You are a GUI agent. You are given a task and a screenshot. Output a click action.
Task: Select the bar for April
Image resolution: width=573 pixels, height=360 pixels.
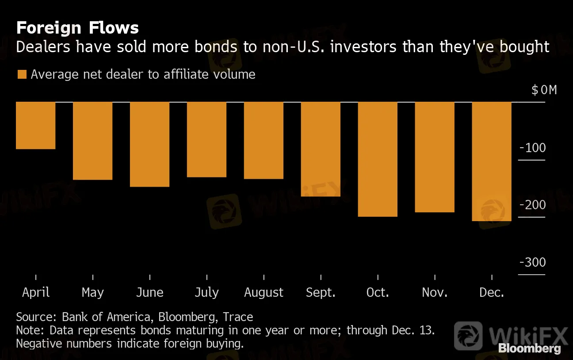(x=35, y=126)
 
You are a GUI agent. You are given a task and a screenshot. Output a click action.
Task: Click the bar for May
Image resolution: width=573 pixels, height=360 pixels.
(x=92, y=141)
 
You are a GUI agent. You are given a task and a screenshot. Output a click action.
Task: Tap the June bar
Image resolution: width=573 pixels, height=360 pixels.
(x=149, y=144)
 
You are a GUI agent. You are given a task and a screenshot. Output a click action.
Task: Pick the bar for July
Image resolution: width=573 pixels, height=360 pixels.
(x=206, y=139)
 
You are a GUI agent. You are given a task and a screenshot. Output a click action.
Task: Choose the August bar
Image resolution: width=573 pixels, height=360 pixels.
(x=264, y=140)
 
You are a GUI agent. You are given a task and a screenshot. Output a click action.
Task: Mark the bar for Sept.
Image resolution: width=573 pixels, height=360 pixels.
(x=321, y=149)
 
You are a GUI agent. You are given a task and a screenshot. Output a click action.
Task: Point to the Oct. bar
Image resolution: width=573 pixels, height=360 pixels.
(x=378, y=159)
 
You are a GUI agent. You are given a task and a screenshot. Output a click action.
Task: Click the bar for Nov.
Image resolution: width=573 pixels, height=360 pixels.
(x=435, y=157)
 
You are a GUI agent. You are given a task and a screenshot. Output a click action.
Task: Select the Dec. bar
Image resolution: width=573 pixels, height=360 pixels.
(x=492, y=161)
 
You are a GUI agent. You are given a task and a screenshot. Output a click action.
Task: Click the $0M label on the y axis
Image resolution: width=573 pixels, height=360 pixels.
(x=544, y=90)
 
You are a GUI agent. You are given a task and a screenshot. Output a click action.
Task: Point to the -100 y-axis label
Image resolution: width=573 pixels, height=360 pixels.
(x=532, y=148)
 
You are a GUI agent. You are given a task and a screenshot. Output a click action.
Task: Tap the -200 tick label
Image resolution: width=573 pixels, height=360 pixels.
(x=532, y=205)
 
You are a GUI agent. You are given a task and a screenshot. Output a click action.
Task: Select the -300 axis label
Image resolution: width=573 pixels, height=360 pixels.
(x=532, y=262)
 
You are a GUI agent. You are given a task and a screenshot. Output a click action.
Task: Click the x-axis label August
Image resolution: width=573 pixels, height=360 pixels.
(x=264, y=293)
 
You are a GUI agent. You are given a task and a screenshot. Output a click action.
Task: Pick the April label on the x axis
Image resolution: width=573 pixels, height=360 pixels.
(x=35, y=292)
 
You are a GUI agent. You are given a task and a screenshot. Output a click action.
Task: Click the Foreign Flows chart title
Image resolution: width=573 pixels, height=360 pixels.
(x=77, y=28)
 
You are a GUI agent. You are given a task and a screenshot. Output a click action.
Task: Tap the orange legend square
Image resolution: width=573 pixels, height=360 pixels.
(x=22, y=74)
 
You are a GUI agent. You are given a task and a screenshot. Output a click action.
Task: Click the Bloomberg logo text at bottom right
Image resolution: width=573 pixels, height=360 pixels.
(x=530, y=348)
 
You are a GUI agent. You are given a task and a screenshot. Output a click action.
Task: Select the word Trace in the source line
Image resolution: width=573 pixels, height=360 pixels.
(x=238, y=317)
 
